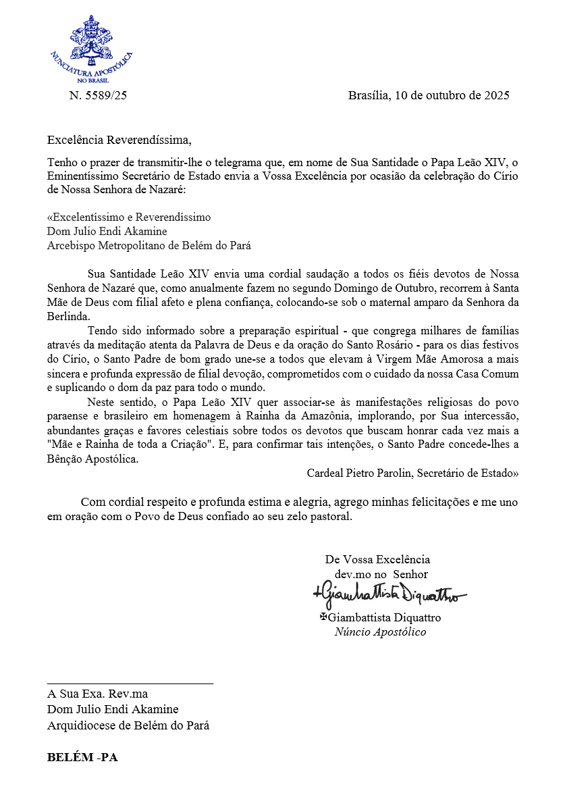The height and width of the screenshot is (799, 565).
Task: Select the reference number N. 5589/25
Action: (x=98, y=95)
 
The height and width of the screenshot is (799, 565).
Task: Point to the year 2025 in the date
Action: (x=496, y=95)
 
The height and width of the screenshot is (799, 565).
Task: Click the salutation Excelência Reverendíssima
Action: (x=119, y=140)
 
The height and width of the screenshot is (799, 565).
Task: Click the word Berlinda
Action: (x=68, y=316)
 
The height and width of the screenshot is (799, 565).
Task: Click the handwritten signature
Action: (x=389, y=594)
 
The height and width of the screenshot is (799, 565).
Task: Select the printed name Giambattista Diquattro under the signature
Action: (x=384, y=617)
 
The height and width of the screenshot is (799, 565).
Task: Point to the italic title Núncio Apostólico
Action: (x=380, y=632)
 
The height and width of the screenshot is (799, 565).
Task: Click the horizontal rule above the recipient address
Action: (x=130, y=684)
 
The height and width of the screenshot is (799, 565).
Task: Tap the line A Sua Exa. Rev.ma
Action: (x=97, y=694)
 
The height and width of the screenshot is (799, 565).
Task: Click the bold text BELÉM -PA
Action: (x=82, y=757)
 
